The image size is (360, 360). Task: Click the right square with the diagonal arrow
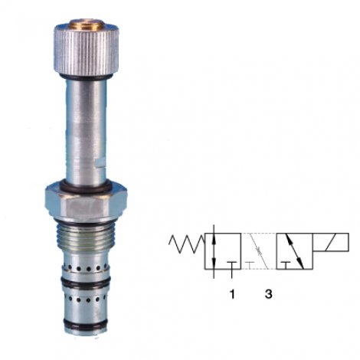(x=296, y=251)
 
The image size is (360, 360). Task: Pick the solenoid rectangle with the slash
(x=332, y=243)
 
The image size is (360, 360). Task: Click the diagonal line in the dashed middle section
(x=259, y=251)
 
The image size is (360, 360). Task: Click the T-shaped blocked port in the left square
(x=230, y=264)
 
